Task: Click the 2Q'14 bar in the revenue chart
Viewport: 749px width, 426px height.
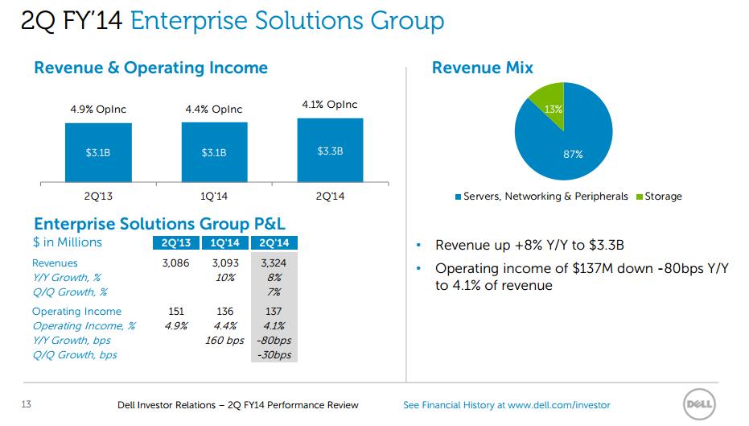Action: coord(330,150)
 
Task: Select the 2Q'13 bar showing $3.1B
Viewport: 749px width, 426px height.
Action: coord(98,152)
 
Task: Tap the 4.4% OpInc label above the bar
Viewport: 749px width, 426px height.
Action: coord(214,110)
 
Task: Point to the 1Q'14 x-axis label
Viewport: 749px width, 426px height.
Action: coord(214,196)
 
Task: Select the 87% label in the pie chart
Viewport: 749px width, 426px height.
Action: coord(573,155)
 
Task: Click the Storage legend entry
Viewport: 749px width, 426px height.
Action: coord(659,196)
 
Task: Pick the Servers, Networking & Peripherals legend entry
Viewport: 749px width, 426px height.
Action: coord(541,196)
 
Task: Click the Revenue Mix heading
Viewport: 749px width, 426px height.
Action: coord(483,68)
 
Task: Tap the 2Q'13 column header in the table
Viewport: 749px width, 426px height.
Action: coord(175,243)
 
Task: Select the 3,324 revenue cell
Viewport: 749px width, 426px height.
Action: coord(274,263)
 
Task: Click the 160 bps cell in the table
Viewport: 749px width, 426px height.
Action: coord(224,341)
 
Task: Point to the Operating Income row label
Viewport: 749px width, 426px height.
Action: coord(76,312)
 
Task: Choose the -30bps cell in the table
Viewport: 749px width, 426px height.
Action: coord(274,355)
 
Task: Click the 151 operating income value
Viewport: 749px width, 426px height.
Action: coord(176,312)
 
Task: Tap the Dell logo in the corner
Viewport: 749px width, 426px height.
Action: coord(699,404)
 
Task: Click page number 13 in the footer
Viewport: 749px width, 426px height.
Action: coord(27,404)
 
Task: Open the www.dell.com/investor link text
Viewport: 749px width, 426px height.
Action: coord(559,405)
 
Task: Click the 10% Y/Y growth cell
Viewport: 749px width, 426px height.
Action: coord(225,277)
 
